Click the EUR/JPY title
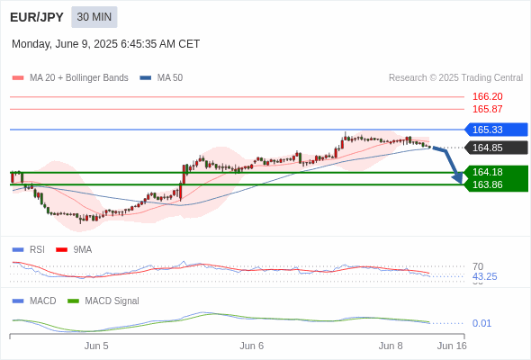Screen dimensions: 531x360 (x=37, y=17)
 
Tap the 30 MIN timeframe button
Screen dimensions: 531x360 (x=94, y=17)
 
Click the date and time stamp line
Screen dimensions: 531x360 (x=105, y=44)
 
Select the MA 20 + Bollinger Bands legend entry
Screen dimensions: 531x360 (x=70, y=78)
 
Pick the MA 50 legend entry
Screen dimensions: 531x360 (x=161, y=78)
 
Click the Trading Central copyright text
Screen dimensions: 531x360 (x=455, y=78)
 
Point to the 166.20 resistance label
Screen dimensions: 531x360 (x=487, y=96)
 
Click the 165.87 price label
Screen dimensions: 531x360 (x=487, y=109)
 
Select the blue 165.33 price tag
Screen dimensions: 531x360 (x=496, y=130)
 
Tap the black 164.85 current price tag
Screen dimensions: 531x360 (x=496, y=148)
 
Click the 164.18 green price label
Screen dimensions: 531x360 (x=487, y=172)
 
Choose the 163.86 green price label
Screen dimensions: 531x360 (x=487, y=184)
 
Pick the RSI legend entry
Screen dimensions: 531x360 (x=29, y=249)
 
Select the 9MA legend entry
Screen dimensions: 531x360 (x=74, y=249)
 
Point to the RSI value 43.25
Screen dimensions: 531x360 (x=484, y=276)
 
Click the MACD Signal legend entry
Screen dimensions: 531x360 (x=103, y=301)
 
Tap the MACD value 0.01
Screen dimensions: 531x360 (x=481, y=323)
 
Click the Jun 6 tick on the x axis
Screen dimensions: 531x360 (x=252, y=346)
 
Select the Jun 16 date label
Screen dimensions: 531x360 (x=452, y=346)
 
